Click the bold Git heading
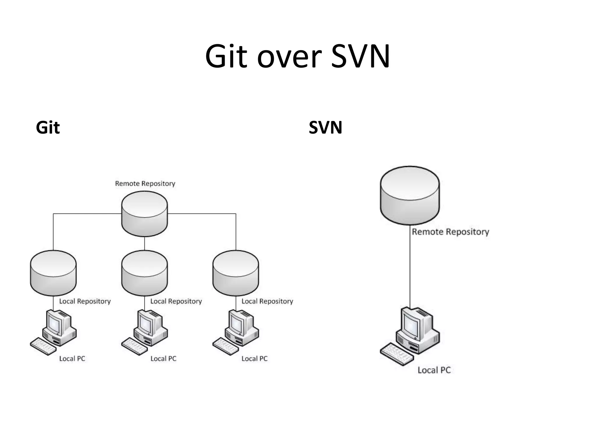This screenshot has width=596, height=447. pos(48,127)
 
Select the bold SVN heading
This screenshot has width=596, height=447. pos(325,127)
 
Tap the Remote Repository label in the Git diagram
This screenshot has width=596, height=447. pos(145,184)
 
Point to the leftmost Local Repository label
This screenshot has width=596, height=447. pos(85,301)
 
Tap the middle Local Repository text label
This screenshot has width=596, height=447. pos(176,301)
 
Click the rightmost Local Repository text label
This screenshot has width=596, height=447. pos(267,301)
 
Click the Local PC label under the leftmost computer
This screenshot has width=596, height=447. pos(72,359)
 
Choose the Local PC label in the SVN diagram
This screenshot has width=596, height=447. pos(434,370)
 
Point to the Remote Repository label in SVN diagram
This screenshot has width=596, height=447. pos(450,232)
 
